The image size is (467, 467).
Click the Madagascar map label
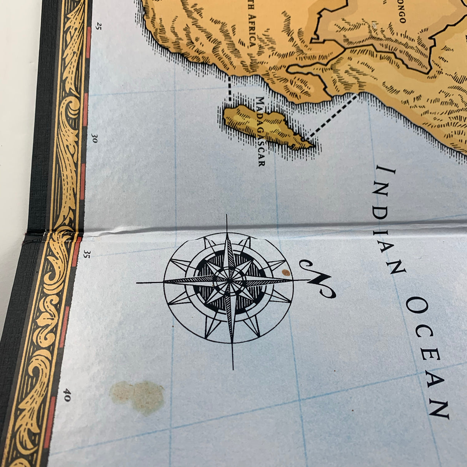point(261,131)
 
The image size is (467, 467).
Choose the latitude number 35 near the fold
point(87,254)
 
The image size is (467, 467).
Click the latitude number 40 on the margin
point(67,395)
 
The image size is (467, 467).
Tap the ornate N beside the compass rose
point(318,279)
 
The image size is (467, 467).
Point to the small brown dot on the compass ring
point(285,272)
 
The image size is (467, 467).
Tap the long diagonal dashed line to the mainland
point(333,115)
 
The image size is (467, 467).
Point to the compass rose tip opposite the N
point(138,283)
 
